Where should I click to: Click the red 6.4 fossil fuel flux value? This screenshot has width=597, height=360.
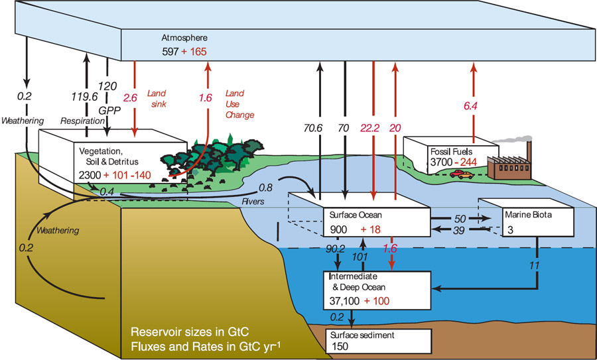tap(470, 106)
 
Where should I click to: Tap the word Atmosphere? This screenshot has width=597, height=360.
tap(184, 38)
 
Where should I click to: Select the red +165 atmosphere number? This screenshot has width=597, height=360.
tap(194, 51)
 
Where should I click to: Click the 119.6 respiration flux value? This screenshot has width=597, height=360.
tap(84, 97)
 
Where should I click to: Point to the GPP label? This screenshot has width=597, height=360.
tap(109, 110)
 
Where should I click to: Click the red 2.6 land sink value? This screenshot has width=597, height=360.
tap(130, 98)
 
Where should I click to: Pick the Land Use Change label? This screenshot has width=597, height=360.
tap(239, 104)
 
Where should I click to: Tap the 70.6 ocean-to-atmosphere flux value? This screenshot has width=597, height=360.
tap(313, 128)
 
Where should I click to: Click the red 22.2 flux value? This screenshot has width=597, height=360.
tap(369, 128)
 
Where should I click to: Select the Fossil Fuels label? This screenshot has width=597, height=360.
tap(451, 151)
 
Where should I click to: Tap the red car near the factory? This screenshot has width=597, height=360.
tap(456, 174)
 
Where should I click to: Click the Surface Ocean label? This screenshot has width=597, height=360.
tap(356, 215)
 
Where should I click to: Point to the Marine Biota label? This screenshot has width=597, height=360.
tap(528, 215)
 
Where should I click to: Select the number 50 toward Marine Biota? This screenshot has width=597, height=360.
tap(460, 219)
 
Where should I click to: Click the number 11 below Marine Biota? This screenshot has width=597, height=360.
tap(535, 265)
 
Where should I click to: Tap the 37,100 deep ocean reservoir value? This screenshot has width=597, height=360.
tap(344, 302)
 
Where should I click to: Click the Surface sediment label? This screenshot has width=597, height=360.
tap(362, 335)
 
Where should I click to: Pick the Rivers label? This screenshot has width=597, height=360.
tap(253, 202)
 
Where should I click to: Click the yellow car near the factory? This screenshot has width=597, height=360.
tap(466, 176)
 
